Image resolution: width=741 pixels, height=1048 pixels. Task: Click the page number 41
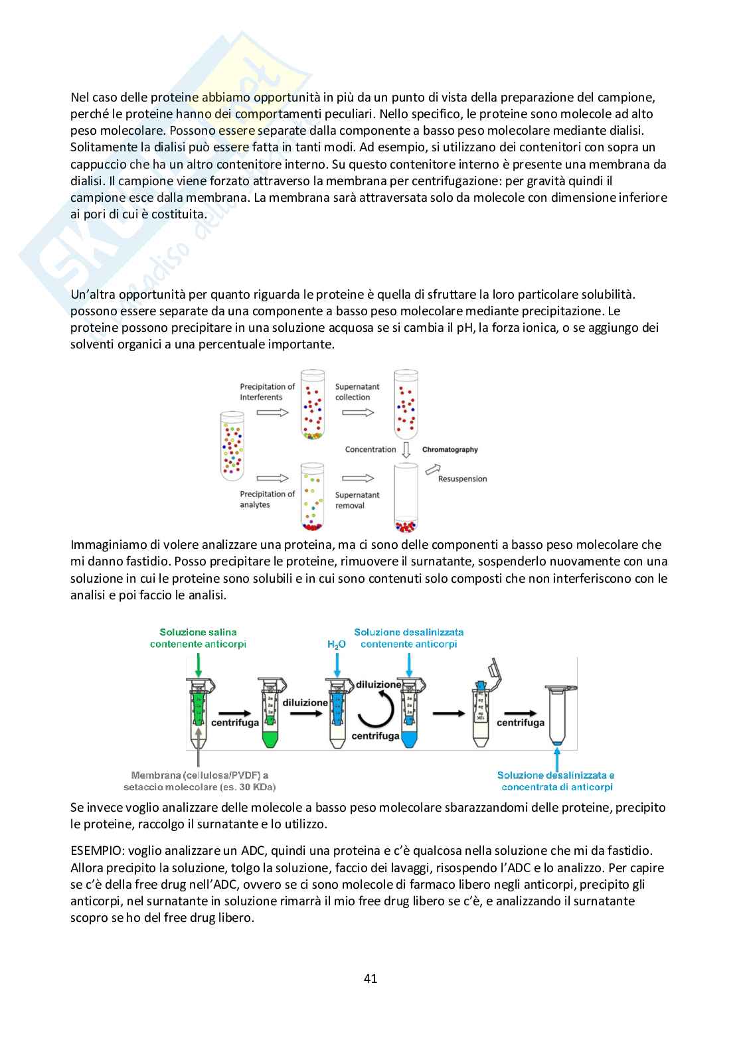(370, 978)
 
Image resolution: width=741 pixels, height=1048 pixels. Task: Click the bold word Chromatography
(450, 449)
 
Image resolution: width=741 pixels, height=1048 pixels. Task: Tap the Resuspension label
(462, 479)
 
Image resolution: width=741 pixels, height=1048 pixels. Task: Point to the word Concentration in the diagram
(370, 449)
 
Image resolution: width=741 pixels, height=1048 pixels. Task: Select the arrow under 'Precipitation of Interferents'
(272, 412)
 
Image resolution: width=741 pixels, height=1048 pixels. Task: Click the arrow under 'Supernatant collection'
(358, 412)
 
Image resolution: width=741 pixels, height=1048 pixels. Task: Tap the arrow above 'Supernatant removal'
(358, 477)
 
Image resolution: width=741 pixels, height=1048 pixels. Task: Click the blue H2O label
(337, 644)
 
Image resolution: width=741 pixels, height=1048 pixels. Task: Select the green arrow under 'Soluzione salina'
(198, 663)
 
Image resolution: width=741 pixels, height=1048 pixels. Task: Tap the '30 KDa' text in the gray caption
(254, 787)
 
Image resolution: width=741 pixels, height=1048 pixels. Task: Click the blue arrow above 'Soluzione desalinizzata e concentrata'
(556, 757)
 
